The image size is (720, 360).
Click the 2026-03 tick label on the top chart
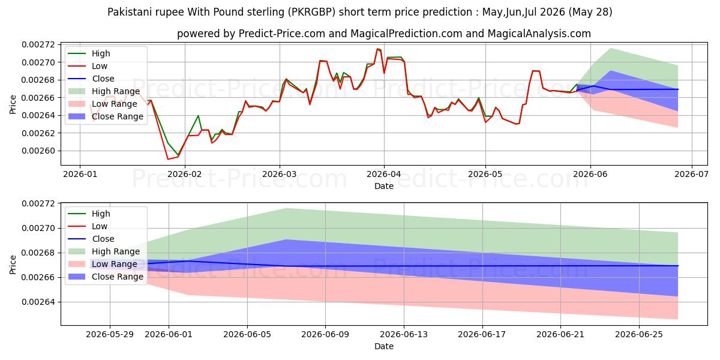point(280,174)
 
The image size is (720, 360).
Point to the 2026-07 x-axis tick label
point(691,174)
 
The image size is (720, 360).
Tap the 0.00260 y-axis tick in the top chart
point(38,151)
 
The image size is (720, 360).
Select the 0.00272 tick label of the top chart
point(38,44)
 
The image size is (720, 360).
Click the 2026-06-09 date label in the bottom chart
point(325,335)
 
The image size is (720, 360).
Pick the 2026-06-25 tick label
point(639,335)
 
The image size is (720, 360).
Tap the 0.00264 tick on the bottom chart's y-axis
point(38,302)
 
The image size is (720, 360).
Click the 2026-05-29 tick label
point(110,335)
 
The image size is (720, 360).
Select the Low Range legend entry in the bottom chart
point(103,264)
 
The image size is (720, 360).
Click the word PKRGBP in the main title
point(312,12)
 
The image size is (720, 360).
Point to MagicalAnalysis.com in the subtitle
point(539,34)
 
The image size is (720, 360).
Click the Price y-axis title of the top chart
point(13,104)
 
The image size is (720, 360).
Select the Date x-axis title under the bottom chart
point(384,346)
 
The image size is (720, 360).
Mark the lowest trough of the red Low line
point(168,159)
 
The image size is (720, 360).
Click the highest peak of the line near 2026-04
point(377,49)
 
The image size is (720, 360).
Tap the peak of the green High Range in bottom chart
point(286,208)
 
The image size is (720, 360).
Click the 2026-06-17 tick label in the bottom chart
point(482,335)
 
